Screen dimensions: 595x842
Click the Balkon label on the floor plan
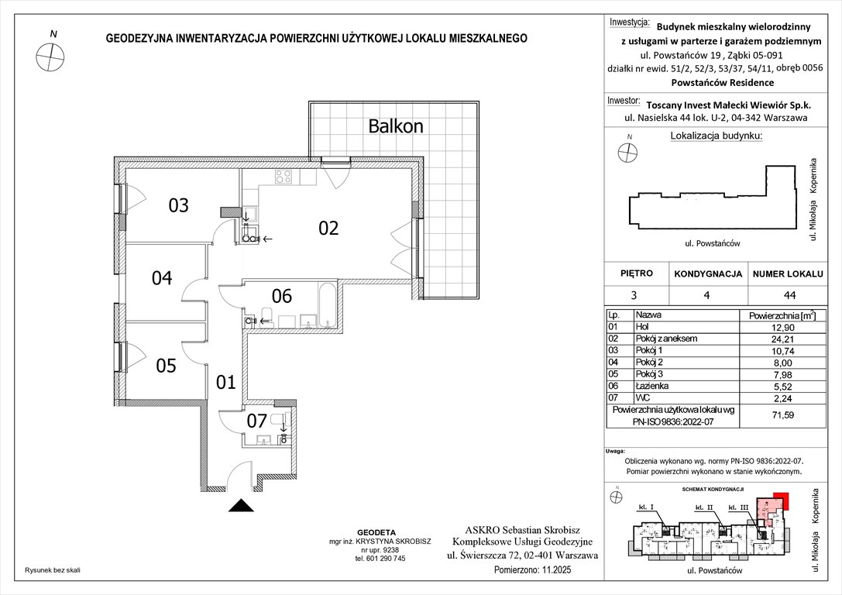(396, 125)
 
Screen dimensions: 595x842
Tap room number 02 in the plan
(328, 228)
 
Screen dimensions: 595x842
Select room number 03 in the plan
(179, 206)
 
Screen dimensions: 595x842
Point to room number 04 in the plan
(161, 277)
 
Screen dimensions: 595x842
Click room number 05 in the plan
(167, 366)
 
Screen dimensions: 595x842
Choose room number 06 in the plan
(281, 295)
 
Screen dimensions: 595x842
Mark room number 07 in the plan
(256, 421)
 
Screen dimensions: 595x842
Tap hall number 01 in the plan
(225, 382)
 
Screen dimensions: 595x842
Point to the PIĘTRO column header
(637, 273)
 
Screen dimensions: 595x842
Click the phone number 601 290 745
(380, 559)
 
